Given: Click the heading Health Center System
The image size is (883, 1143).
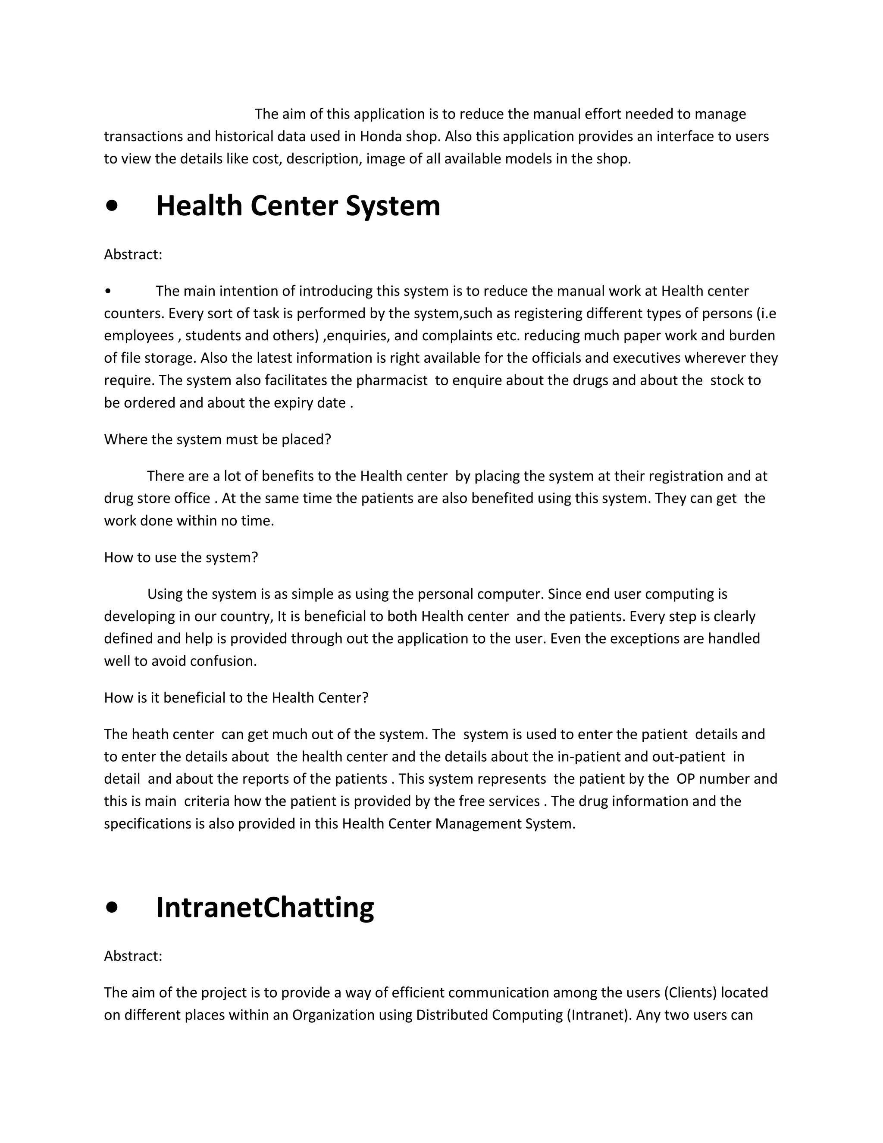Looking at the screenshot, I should coord(298,206).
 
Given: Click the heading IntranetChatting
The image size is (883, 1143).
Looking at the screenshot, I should coord(265,907).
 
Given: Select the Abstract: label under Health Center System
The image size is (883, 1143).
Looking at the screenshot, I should coord(133,255).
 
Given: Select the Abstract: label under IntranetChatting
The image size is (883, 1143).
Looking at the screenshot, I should coord(133,956).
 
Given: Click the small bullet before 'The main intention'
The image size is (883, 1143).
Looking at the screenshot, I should coord(107,292).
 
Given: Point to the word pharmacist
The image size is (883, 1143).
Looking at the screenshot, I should coord(392,380).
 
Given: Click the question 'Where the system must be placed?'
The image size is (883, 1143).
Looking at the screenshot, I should coord(218,440).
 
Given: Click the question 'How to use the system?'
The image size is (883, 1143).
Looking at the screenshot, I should coord(181,557).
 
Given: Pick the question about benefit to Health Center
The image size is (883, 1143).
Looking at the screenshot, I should coord(236,697).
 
